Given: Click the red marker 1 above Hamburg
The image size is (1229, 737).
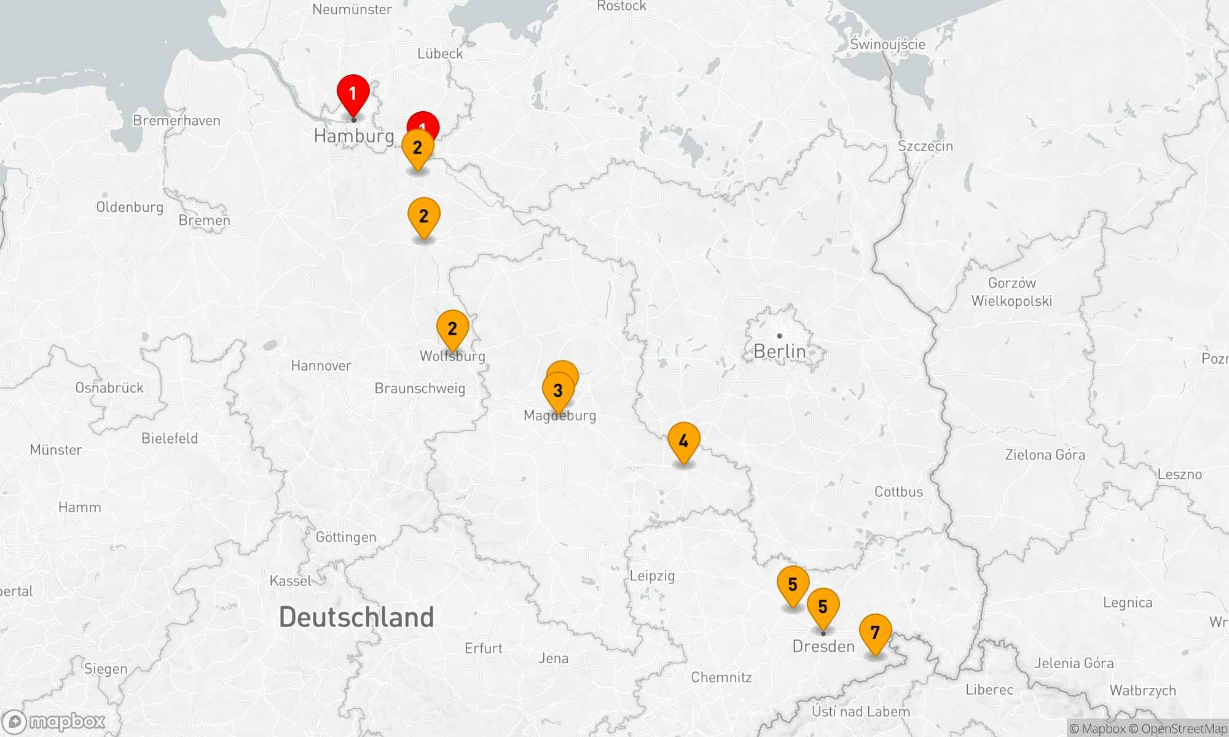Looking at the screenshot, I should [x=353, y=94].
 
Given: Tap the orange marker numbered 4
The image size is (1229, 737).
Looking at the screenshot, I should [x=683, y=441].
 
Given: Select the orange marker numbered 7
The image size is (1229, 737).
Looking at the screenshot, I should [x=875, y=633].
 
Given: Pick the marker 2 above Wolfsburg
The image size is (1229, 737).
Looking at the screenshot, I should [x=452, y=329].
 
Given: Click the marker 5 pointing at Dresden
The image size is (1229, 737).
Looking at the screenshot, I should [x=823, y=607].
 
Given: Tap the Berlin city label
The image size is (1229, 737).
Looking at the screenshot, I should [x=779, y=351].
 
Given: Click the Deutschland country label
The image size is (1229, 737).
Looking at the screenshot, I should [x=356, y=617].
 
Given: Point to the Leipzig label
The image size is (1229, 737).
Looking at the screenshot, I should [x=652, y=575].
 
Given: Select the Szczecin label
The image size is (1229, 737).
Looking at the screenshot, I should [x=925, y=146].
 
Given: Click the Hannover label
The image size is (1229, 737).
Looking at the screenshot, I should [x=321, y=366].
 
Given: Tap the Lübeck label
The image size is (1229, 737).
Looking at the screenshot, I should [x=440, y=54].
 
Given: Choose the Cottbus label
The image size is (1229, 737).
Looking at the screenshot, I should [x=898, y=492].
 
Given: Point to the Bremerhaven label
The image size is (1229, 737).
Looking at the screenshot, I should [x=176, y=120].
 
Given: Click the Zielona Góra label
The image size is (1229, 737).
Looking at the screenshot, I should [x=1045, y=455].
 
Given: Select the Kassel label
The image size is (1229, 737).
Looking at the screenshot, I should [x=291, y=581].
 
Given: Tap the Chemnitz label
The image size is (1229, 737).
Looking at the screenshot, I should [x=721, y=677].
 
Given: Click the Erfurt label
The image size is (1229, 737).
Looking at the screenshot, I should [x=484, y=649].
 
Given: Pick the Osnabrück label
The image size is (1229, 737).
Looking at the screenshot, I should [x=109, y=388].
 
